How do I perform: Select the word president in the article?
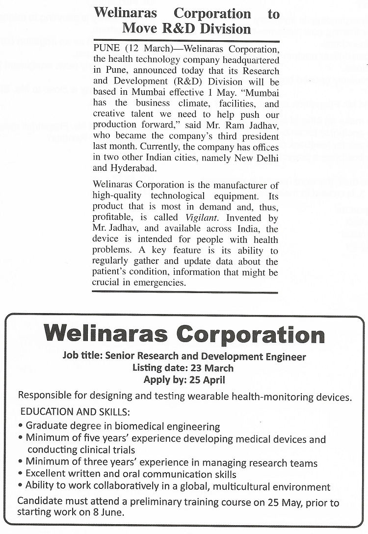(261, 136)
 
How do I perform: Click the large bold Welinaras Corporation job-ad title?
(184, 335)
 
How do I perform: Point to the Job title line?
(184, 357)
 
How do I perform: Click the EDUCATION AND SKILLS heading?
(75, 412)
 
